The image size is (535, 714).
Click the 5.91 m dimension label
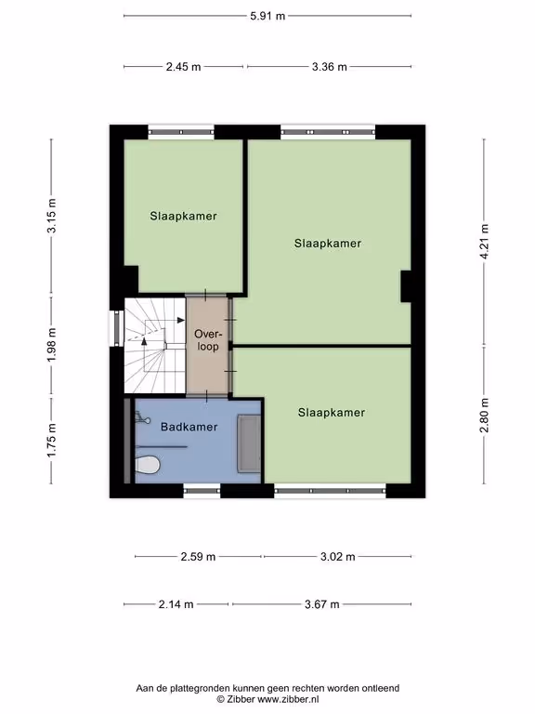(267, 16)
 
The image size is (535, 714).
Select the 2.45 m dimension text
(183, 67)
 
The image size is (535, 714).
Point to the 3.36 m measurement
(330, 67)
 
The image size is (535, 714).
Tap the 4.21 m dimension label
(484, 242)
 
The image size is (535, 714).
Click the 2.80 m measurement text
(484, 416)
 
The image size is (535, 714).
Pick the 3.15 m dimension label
(51, 216)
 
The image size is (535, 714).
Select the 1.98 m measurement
(51, 345)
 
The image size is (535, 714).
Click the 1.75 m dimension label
(51, 441)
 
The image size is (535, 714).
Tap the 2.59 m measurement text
(198, 557)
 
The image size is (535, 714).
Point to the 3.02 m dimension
(337, 557)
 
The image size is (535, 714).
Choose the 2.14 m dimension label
(176, 604)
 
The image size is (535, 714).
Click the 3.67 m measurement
(322, 604)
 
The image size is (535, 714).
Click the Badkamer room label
(189, 427)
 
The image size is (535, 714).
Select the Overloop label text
(207, 340)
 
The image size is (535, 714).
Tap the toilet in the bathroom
(147, 466)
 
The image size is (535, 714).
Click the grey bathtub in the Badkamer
(249, 443)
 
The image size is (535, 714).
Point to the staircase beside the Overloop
(155, 345)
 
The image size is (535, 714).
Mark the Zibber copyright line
(267, 699)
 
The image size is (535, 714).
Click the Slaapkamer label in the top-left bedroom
(183, 216)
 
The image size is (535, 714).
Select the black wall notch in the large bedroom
(406, 286)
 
